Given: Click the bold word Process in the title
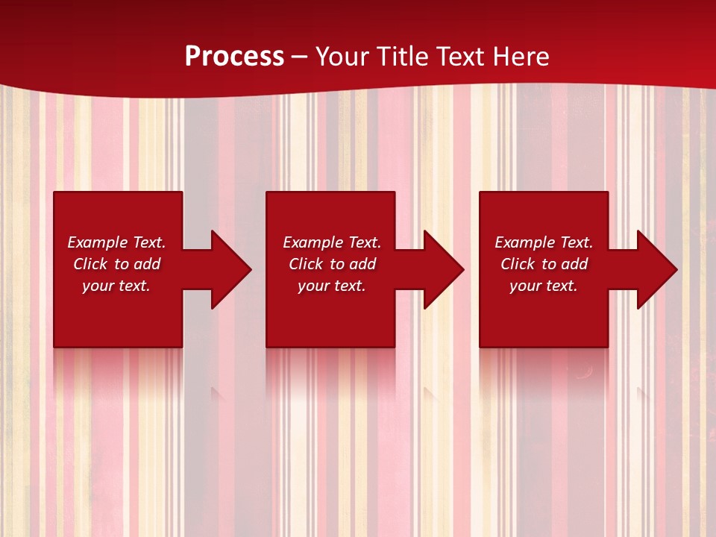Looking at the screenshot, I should [234, 57].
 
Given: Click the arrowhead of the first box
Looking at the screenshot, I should [230, 269].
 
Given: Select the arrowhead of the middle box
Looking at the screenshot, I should [443, 269].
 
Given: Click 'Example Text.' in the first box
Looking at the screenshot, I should [116, 242].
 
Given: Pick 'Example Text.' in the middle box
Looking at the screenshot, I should [332, 242].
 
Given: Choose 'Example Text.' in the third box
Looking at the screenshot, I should [544, 242].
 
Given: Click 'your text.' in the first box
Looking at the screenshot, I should [116, 286].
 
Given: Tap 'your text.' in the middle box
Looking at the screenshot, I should [332, 286].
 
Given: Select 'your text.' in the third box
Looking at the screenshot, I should [544, 286].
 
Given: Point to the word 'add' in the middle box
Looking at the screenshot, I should [362, 264].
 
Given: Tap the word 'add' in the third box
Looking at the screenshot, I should [574, 264].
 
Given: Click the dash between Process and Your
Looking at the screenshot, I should [300, 57].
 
